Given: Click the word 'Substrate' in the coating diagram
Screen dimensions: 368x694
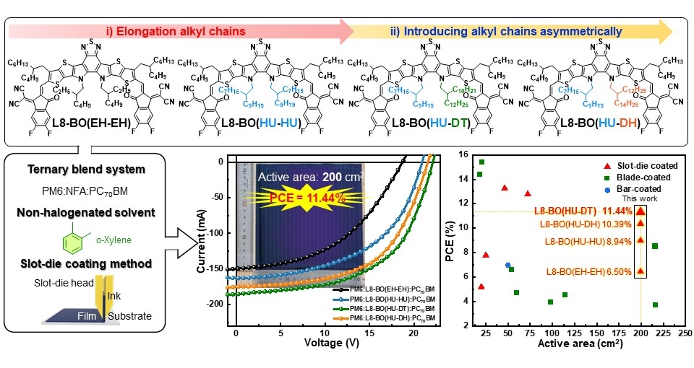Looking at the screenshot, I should [x=132, y=316].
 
